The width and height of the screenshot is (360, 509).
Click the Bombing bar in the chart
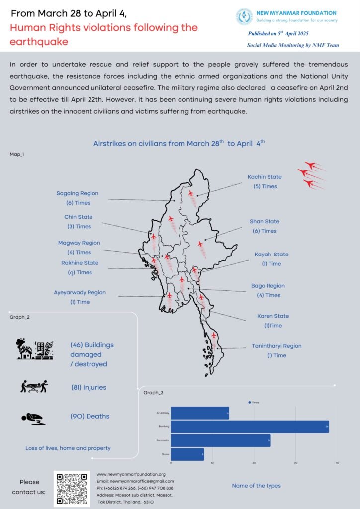(x=250, y=426)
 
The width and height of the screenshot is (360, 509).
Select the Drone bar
(x=187, y=454)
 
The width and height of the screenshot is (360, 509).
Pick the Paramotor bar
(x=220, y=440)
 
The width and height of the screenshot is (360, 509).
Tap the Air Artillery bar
(x=200, y=413)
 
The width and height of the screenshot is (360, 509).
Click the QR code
(x=72, y=488)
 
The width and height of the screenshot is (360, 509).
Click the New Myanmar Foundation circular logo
(x=244, y=16)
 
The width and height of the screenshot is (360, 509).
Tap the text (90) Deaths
(x=90, y=416)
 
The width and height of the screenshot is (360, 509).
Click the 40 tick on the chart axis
(x=337, y=463)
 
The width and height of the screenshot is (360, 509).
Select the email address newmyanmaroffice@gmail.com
(x=135, y=481)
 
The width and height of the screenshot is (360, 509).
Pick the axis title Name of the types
(x=256, y=486)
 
